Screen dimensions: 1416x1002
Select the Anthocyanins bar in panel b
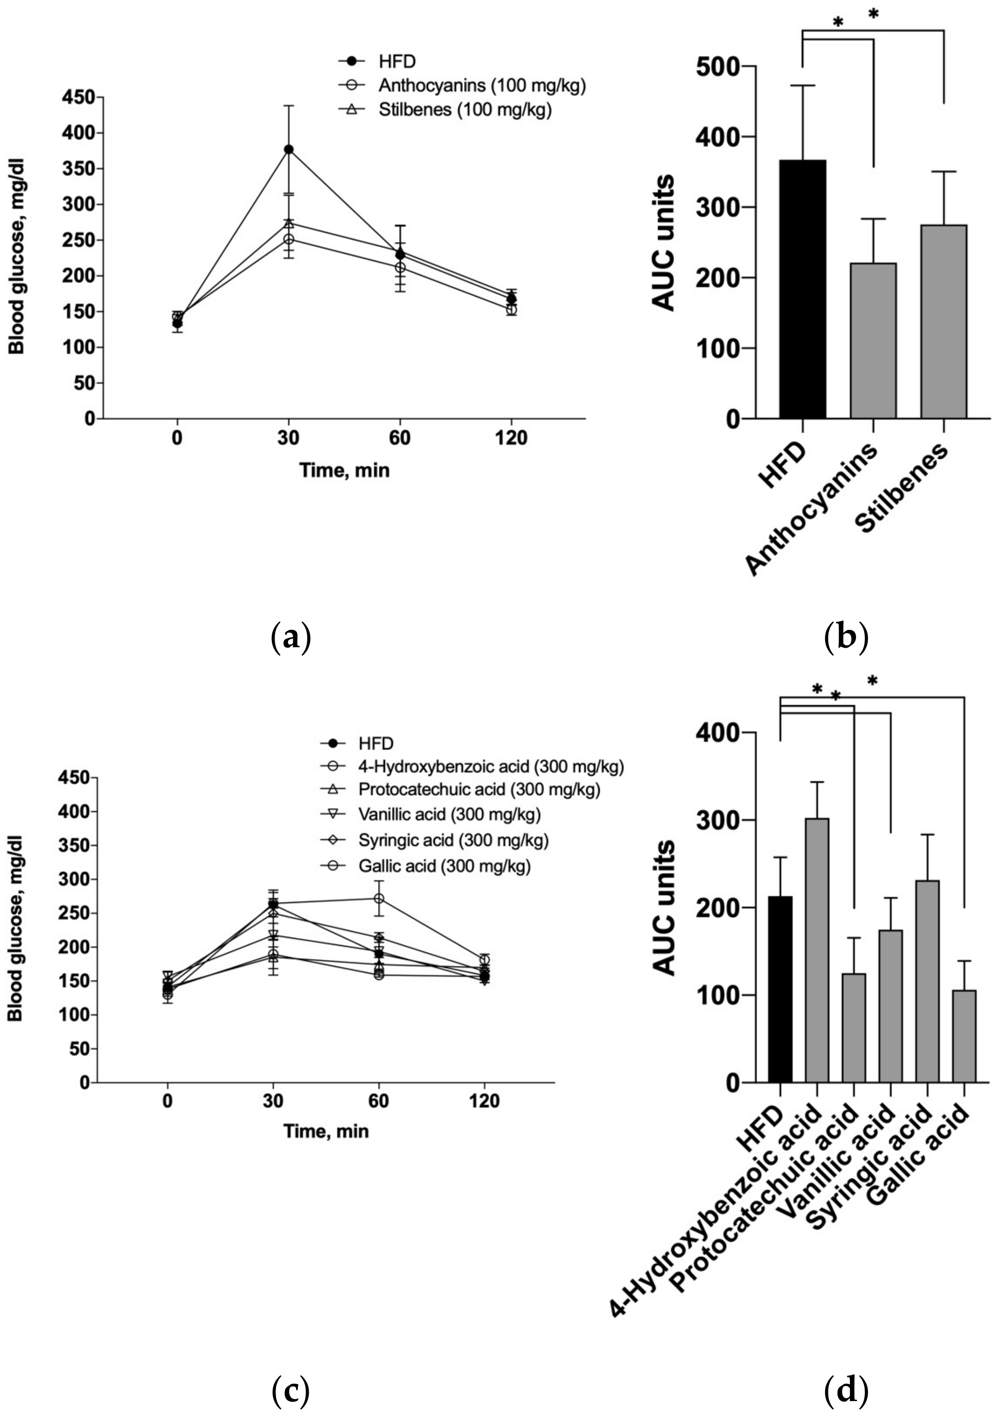pyautogui.click(x=873, y=340)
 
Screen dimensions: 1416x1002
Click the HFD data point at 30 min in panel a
pyautogui.click(x=288, y=149)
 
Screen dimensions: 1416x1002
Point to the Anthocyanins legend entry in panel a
pyautogui.click(x=481, y=85)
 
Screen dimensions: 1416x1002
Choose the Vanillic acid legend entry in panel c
pyautogui.click(x=449, y=815)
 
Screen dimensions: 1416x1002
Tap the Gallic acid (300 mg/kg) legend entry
pyautogui.click(x=443, y=867)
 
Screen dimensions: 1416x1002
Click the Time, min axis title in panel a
pyautogui.click(x=344, y=470)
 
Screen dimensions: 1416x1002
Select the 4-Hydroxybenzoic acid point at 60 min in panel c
pyautogui.click(x=378, y=899)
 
